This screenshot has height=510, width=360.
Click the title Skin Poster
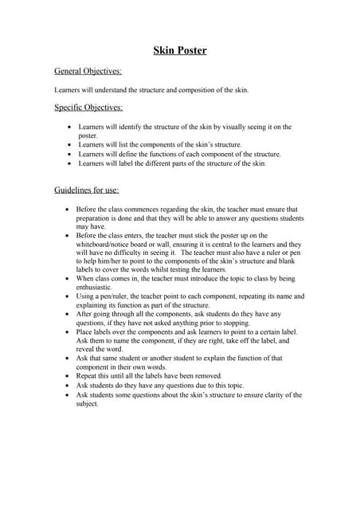180,51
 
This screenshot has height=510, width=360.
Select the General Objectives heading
88,72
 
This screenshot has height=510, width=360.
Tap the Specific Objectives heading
88,107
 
